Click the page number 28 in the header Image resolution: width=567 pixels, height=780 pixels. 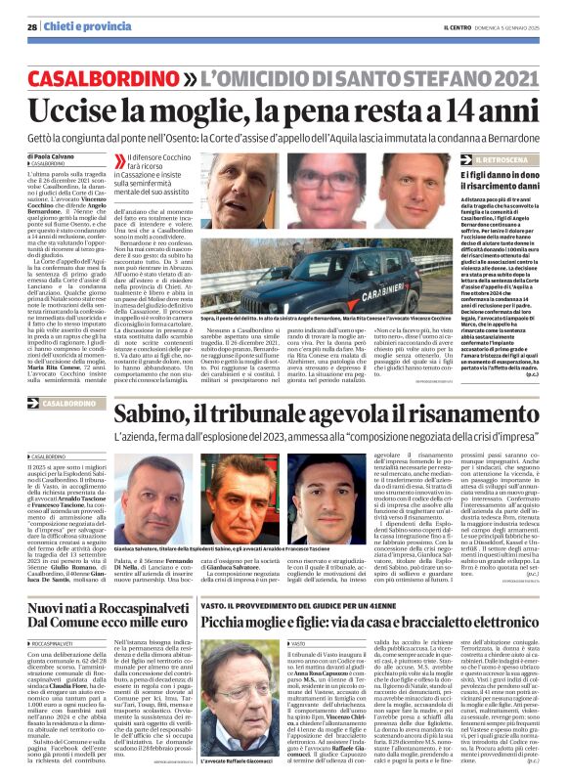[x=32, y=27]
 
